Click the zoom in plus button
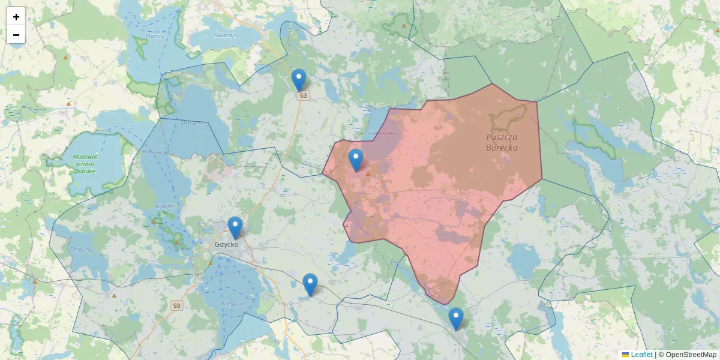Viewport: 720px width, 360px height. [16, 17]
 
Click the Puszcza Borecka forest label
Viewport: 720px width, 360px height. [502, 142]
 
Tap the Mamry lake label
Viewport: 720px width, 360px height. [154, 37]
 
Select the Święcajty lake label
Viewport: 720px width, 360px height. [226, 35]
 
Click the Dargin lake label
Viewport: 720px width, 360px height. [191, 122]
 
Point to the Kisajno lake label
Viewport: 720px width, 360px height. [164, 206]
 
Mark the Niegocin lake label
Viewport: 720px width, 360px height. [232, 304]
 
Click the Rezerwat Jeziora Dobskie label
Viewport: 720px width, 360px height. [85, 164]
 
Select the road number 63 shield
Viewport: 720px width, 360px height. [303, 95]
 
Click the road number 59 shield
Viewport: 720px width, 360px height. [176, 306]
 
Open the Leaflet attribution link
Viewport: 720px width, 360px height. [641, 355]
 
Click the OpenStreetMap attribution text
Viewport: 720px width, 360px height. [691, 355]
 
